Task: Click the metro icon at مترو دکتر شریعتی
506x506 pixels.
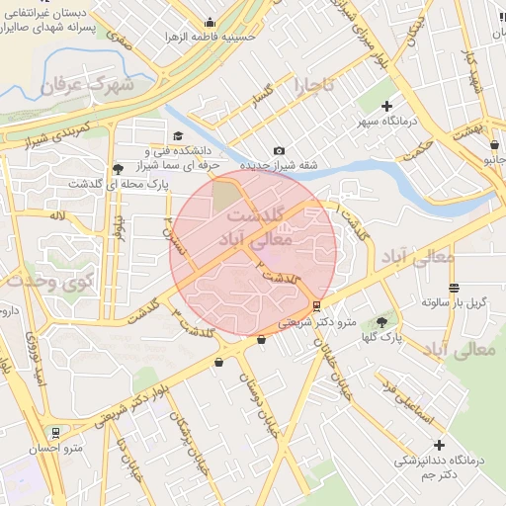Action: (316, 306)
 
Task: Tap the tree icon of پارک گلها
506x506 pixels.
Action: (382, 322)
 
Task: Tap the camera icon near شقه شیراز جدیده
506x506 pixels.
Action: (279, 149)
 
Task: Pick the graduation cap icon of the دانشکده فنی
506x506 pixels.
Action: (178, 136)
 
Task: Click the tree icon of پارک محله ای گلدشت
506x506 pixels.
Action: (119, 169)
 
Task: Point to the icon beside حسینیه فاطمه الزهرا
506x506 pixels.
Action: (209, 23)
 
